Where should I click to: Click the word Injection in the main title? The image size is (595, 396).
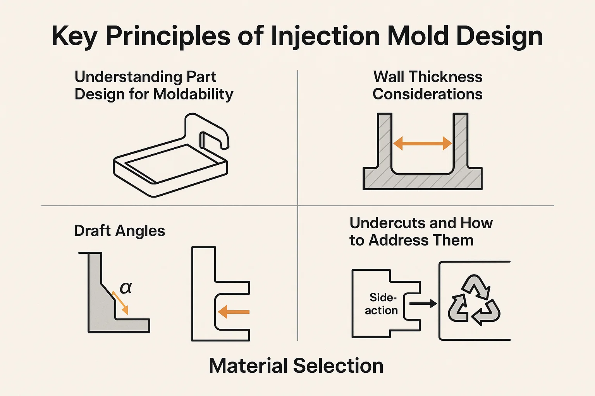point(325,37)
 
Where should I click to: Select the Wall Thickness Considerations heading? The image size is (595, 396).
point(428,85)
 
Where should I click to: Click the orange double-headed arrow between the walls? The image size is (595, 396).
point(422,144)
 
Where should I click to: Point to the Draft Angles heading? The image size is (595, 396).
point(119,231)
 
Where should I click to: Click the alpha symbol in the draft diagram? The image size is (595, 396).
point(126,288)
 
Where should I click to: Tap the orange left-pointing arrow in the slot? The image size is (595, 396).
point(234,312)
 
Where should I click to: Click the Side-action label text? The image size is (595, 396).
point(382,304)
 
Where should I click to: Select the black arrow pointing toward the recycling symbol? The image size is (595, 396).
point(423,304)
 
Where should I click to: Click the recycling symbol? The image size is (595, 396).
point(474,300)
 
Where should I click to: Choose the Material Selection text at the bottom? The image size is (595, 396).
point(296,366)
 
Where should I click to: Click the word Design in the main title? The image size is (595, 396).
point(499,37)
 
